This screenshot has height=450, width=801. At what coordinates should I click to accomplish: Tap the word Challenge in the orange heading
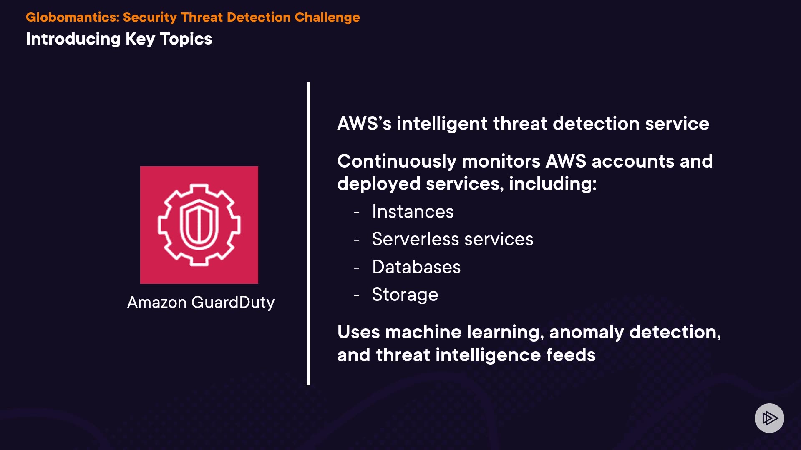click(327, 17)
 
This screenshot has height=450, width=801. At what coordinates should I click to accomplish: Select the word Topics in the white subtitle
click(186, 40)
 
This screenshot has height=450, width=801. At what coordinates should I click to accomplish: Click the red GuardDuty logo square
click(199, 225)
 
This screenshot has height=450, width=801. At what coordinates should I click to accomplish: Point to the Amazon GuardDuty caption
click(201, 302)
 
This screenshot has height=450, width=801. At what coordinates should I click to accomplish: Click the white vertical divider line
click(308, 234)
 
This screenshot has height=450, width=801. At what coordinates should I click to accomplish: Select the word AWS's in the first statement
click(364, 124)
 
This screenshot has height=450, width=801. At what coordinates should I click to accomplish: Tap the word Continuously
click(397, 162)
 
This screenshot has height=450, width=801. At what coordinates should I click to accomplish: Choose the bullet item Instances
click(413, 212)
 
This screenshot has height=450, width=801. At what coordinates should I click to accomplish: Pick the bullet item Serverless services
click(453, 239)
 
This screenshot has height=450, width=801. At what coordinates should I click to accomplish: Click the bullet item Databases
click(416, 267)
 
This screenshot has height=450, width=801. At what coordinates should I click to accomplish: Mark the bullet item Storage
click(405, 295)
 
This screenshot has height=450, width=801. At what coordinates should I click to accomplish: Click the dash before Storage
click(357, 295)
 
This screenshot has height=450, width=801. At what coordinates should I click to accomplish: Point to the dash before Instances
click(357, 212)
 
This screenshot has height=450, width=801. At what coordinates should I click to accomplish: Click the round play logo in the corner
click(769, 418)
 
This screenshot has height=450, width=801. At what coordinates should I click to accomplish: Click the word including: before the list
click(553, 184)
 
